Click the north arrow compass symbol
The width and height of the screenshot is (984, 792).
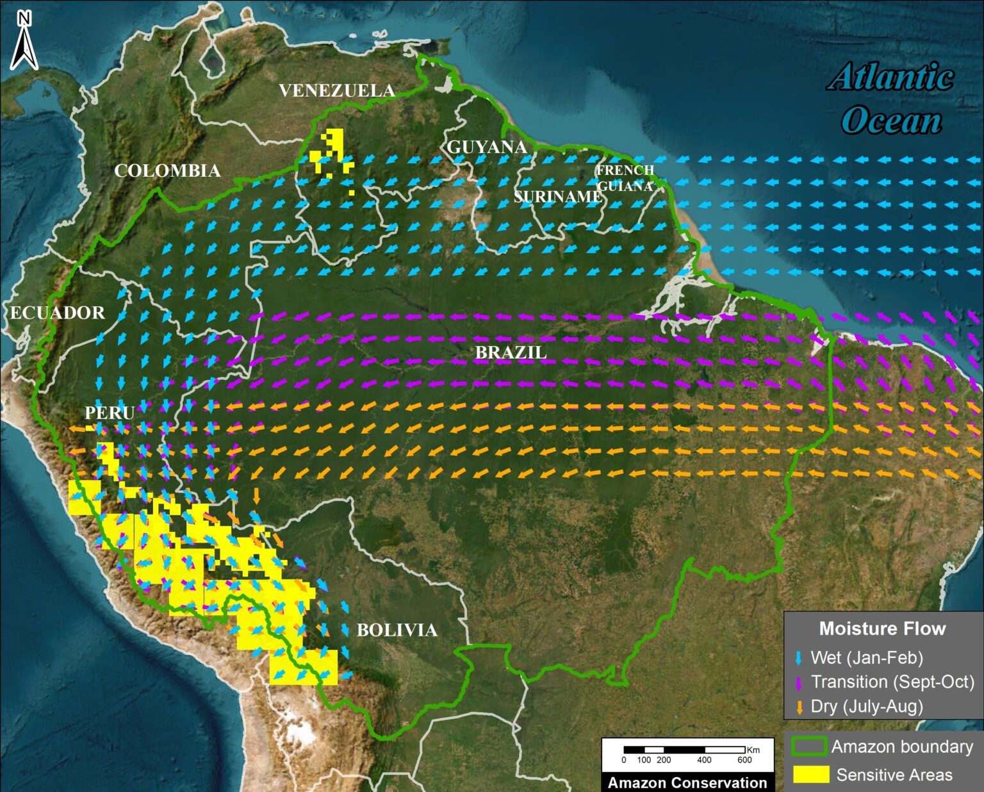pyautogui.click(x=24, y=41)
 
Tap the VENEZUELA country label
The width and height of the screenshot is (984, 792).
pyautogui.click(x=337, y=90)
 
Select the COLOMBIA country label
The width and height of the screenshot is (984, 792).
pyautogui.click(x=167, y=170)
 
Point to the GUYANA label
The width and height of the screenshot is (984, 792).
pyautogui.click(x=487, y=147)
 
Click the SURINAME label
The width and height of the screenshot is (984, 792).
pyautogui.click(x=557, y=197)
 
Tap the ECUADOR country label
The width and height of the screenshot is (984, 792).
pyautogui.click(x=58, y=313)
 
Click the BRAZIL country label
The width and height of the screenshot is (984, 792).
pyautogui.click(x=511, y=352)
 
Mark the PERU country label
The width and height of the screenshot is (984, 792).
pyautogui.click(x=110, y=413)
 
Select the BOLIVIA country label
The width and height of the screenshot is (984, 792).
pyautogui.click(x=397, y=630)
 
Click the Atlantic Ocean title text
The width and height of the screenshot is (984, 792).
pyautogui.click(x=891, y=98)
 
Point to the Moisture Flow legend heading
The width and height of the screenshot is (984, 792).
pyautogui.click(x=882, y=629)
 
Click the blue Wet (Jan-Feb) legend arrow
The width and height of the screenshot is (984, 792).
pyautogui.click(x=798, y=658)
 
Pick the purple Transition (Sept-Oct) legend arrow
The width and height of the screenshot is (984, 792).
pyautogui.click(x=798, y=682)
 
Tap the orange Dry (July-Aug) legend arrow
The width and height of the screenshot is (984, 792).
pyautogui.click(x=799, y=707)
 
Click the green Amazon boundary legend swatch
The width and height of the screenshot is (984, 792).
pyautogui.click(x=809, y=747)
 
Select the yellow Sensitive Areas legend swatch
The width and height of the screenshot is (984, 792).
pyautogui.click(x=811, y=775)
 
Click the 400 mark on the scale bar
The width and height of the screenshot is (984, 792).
pyautogui.click(x=704, y=760)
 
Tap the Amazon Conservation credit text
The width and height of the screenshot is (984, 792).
pyautogui.click(x=687, y=782)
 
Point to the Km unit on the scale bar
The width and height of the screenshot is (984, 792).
pyautogui.click(x=753, y=750)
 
